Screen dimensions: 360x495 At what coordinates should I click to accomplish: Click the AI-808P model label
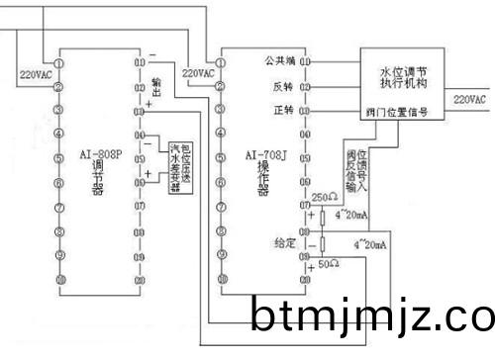97,156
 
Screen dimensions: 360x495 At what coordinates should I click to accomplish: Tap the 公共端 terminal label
280,61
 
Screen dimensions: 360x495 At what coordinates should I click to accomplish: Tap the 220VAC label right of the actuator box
468,100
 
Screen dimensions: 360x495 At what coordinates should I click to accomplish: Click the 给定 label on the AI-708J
284,242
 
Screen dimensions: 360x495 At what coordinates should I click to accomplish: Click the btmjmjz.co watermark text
371,317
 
